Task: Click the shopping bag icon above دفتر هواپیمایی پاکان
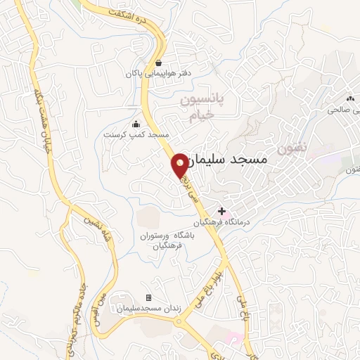[x=158, y=63]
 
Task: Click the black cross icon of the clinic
[x=221, y=211]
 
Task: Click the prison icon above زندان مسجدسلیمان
[x=148, y=298]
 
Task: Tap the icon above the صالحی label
[x=349, y=99]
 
